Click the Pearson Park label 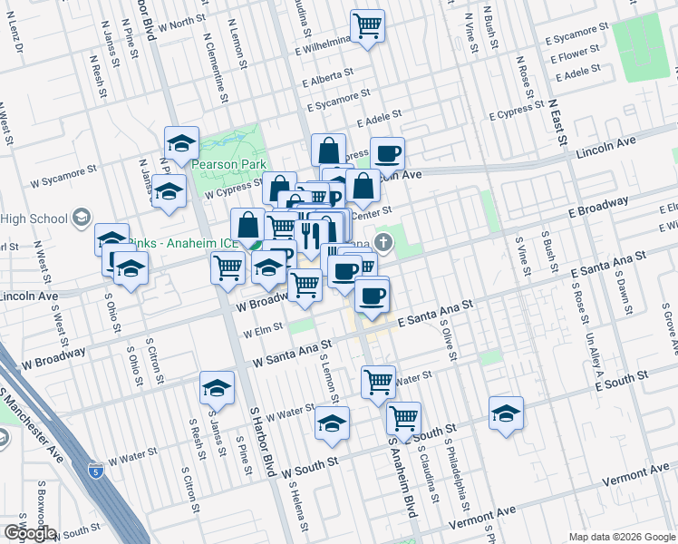pyautogui.click(x=226, y=164)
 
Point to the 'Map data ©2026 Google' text pyautogui.click(x=622, y=537)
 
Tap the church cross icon pyautogui.click(x=383, y=242)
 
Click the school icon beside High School pyautogui.click(x=82, y=218)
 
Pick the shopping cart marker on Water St pyautogui.click(x=378, y=381)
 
